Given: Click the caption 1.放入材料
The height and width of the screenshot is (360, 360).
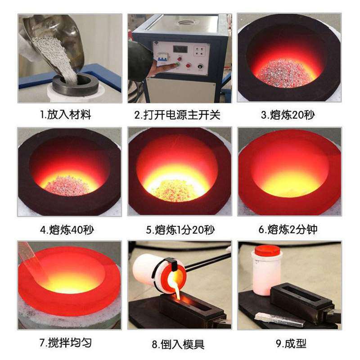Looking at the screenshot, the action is click(x=66, y=115).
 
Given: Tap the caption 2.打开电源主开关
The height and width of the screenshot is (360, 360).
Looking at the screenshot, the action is click(x=177, y=115).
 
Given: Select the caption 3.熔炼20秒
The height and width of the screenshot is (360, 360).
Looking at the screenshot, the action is click(x=288, y=115).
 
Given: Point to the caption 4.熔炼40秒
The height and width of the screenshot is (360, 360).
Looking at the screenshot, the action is click(x=67, y=229).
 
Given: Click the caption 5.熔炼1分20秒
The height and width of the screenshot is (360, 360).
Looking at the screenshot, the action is click(x=180, y=229).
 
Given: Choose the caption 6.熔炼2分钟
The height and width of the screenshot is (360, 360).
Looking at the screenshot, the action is click(x=288, y=229).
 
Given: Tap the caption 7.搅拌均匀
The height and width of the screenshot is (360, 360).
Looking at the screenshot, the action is click(x=66, y=343).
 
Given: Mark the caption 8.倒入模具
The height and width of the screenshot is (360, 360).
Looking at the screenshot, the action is click(x=178, y=344).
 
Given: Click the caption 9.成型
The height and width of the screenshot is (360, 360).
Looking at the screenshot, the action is click(x=291, y=343).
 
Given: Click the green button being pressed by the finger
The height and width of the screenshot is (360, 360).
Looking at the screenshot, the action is click(x=177, y=65).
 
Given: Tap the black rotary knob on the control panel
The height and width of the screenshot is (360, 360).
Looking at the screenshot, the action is click(x=200, y=67).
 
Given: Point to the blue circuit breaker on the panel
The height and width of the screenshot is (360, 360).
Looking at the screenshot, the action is click(x=162, y=57).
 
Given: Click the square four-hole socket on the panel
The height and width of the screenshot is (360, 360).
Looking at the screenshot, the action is click(x=199, y=51).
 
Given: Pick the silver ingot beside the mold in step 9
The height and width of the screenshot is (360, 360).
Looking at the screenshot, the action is click(x=279, y=319).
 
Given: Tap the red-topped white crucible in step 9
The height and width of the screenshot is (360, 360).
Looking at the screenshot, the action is click(x=267, y=270).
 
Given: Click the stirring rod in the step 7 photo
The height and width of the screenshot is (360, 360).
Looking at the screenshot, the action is click(x=34, y=261).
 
